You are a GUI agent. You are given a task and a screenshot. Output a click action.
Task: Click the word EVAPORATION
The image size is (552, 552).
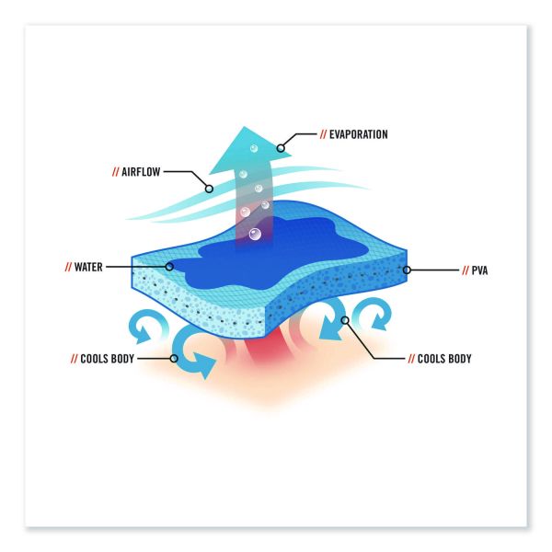(x=359, y=134)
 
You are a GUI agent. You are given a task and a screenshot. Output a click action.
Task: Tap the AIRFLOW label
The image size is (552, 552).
(x=141, y=172)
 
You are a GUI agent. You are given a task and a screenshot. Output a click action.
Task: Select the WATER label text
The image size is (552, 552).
(x=88, y=267)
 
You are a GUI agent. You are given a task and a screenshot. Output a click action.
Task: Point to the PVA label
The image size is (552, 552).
(x=479, y=270)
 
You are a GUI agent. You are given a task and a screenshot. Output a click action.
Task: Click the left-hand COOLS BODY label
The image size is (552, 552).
(x=107, y=359)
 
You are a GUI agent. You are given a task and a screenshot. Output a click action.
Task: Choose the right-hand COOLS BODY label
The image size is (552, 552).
(x=444, y=359)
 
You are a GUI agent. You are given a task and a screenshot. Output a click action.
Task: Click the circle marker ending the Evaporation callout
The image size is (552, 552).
(x=281, y=148)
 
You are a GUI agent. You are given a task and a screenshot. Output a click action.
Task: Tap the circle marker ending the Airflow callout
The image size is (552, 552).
(x=209, y=189)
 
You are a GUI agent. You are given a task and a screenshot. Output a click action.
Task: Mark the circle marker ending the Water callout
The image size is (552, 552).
(x=169, y=267)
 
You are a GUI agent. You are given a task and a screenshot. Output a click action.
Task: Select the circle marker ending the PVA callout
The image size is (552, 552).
(x=407, y=270)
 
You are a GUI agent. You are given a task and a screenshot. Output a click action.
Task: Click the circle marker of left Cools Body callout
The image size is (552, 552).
(x=174, y=359)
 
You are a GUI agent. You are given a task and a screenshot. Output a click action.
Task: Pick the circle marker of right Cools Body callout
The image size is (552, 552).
(x=345, y=320)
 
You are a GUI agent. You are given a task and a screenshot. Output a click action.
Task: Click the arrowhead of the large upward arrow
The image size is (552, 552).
(x=250, y=150)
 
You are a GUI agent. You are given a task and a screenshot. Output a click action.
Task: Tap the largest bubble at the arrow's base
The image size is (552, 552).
(x=255, y=234)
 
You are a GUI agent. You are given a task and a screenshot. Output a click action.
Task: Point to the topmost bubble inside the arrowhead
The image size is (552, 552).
(x=254, y=148)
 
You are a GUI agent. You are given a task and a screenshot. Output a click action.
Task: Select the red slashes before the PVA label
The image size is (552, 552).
(x=466, y=270)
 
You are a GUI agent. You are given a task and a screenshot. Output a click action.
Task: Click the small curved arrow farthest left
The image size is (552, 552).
(x=147, y=326)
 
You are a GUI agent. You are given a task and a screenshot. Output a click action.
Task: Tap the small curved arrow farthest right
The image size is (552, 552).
(x=374, y=315)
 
